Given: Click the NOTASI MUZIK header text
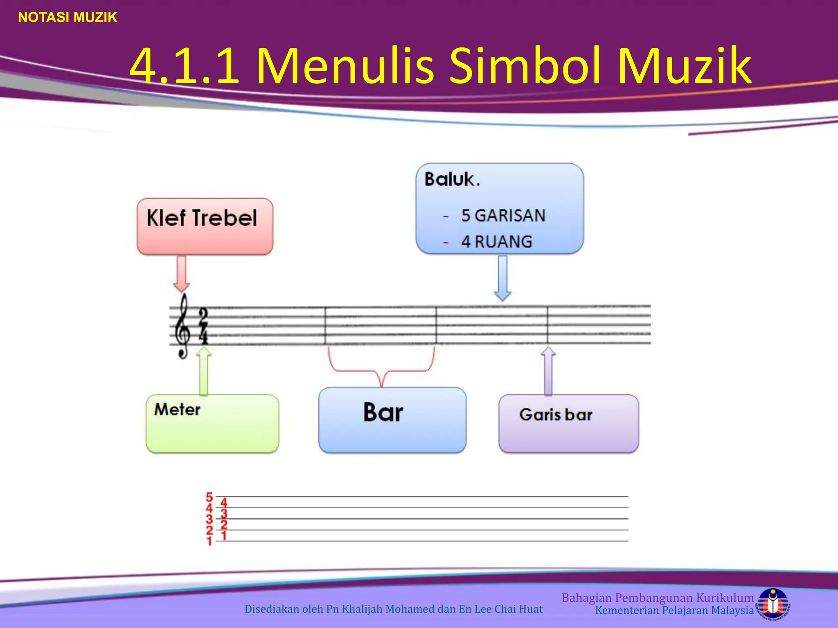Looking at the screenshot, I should point(68,17).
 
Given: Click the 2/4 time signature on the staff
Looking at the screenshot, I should point(203,325).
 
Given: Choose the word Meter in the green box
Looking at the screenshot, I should point(177,409).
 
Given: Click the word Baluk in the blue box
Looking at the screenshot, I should point(449,179).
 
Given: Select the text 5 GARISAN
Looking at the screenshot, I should point(503,215).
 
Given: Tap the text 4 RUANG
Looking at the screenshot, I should point(497,242).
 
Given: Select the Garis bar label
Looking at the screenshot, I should point(556,415).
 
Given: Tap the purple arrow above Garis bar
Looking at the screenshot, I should point(548,370).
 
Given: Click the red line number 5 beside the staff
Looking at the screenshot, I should point(209,497).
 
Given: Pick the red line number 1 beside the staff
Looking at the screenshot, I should point(209,541).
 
